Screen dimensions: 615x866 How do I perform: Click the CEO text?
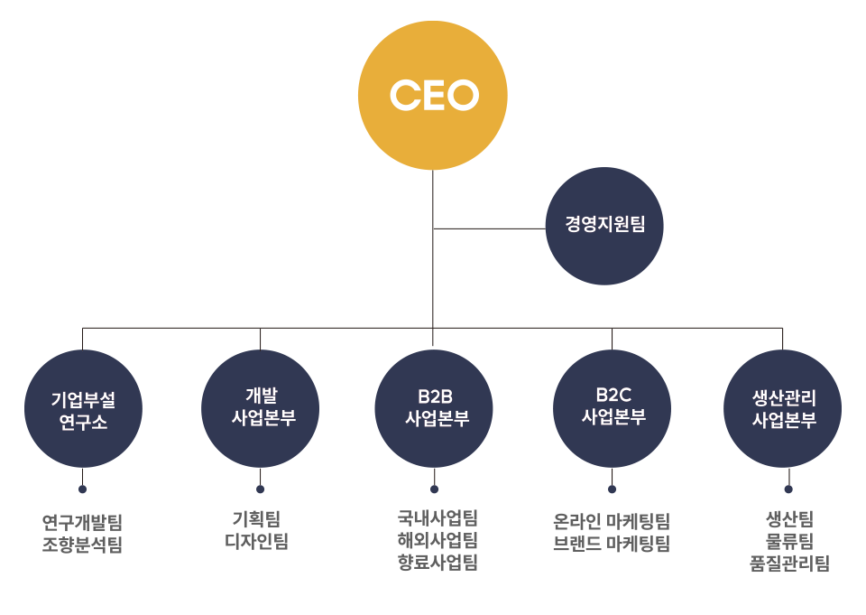tap(434, 95)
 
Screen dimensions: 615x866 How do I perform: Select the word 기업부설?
tap(84, 399)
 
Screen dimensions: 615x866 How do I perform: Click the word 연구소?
tap(84, 423)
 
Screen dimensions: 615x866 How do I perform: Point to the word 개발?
tap(262, 395)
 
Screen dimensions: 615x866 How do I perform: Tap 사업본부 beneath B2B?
tap(438, 419)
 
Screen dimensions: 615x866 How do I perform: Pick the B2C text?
tap(613, 395)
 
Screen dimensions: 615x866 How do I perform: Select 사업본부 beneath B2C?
tap(614, 417)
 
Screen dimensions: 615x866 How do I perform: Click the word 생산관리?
tap(784, 397)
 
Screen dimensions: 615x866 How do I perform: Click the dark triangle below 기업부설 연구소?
tap(83, 476)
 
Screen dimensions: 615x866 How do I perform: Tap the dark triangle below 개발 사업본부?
tap(261, 476)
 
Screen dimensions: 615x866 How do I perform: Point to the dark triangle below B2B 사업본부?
tap(436, 476)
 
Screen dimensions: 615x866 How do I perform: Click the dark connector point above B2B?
tap(436, 339)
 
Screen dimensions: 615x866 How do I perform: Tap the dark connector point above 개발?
tap(261, 339)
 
